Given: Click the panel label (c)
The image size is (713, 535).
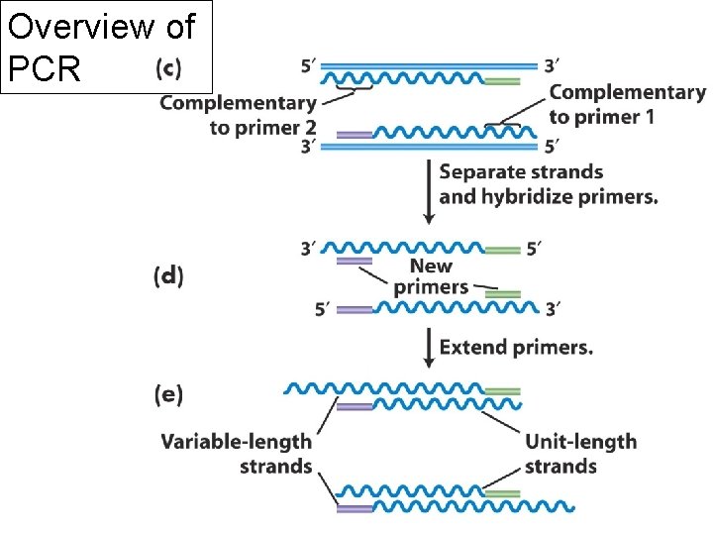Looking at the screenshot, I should [x=168, y=68].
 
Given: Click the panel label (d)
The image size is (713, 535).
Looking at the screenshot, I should [x=168, y=276].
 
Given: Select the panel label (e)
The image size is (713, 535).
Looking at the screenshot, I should [x=168, y=394].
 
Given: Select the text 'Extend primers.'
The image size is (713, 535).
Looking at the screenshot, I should [x=516, y=348].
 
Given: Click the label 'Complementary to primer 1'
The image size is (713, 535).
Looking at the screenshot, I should [x=627, y=105].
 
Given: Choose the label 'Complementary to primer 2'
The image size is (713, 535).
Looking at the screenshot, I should [x=238, y=115].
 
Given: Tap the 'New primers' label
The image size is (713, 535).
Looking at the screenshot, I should [x=431, y=276].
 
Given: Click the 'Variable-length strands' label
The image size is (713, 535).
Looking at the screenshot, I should [x=237, y=453].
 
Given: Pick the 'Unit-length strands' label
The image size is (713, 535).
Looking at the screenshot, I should [x=580, y=453].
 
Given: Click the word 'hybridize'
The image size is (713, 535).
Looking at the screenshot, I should [x=526, y=196].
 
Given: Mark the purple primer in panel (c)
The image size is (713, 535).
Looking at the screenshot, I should [x=354, y=134].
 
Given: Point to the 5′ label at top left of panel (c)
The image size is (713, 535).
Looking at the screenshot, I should [x=309, y=66].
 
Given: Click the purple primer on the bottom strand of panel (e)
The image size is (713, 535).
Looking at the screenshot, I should [x=354, y=507].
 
